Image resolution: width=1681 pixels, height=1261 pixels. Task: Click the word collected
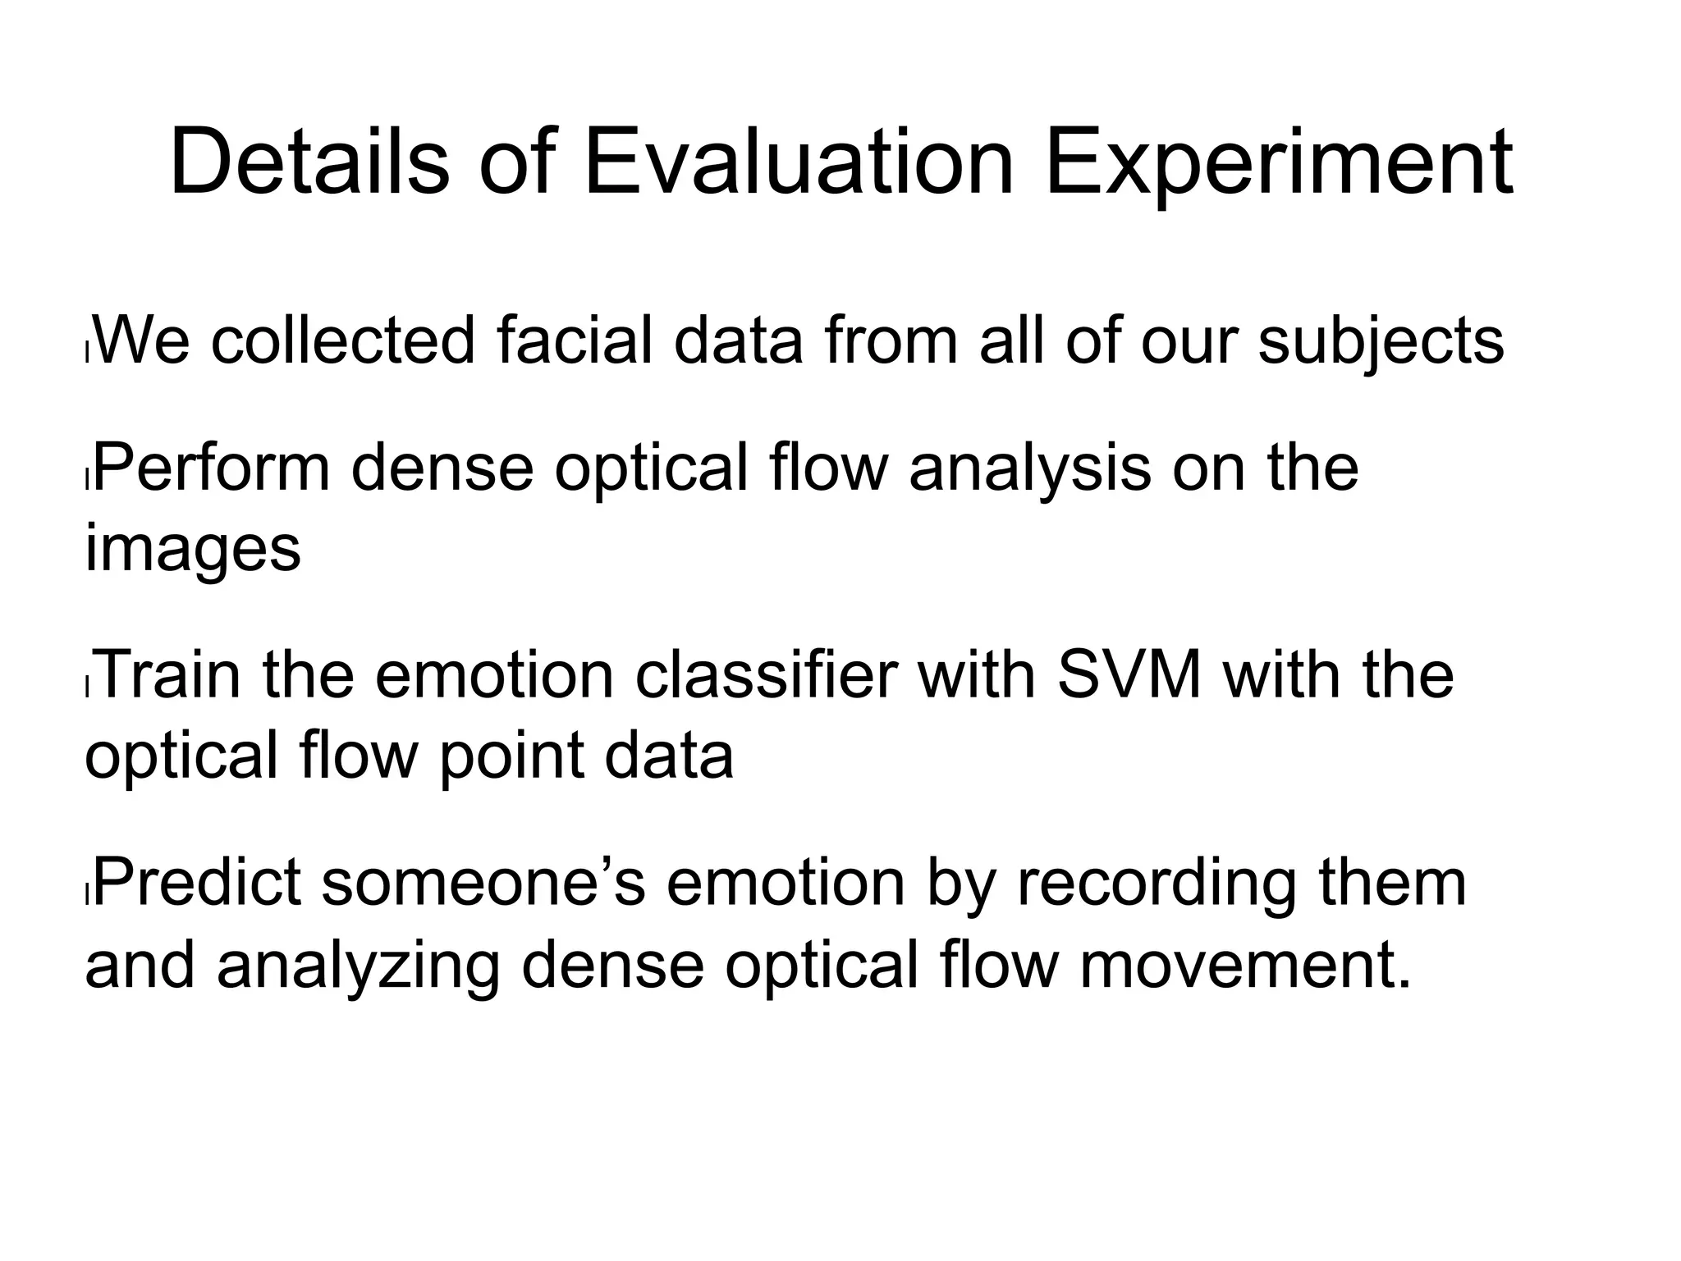pyautogui.click(x=343, y=340)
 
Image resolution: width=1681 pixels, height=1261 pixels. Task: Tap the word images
pyautogui.click(x=193, y=551)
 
